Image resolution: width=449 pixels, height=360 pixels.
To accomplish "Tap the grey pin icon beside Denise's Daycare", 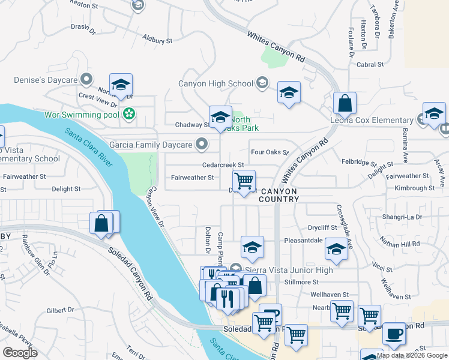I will point(87,79).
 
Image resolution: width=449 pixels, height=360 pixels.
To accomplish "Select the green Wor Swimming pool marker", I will point(128,113).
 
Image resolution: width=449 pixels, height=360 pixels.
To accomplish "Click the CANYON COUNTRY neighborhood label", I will point(279,194).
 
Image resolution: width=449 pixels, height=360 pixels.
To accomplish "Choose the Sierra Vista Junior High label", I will point(288,270).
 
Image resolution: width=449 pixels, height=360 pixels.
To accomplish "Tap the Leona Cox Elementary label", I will point(372,120).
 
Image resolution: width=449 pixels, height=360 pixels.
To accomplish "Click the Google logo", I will point(20,353).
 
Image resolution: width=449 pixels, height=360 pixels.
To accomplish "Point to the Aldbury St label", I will point(157,41).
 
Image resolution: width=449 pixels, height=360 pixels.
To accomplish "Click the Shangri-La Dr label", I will point(402,217).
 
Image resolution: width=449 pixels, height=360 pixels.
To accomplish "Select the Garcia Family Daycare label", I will point(150,145).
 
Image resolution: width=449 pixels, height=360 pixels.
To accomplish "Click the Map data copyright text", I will point(411,355).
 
